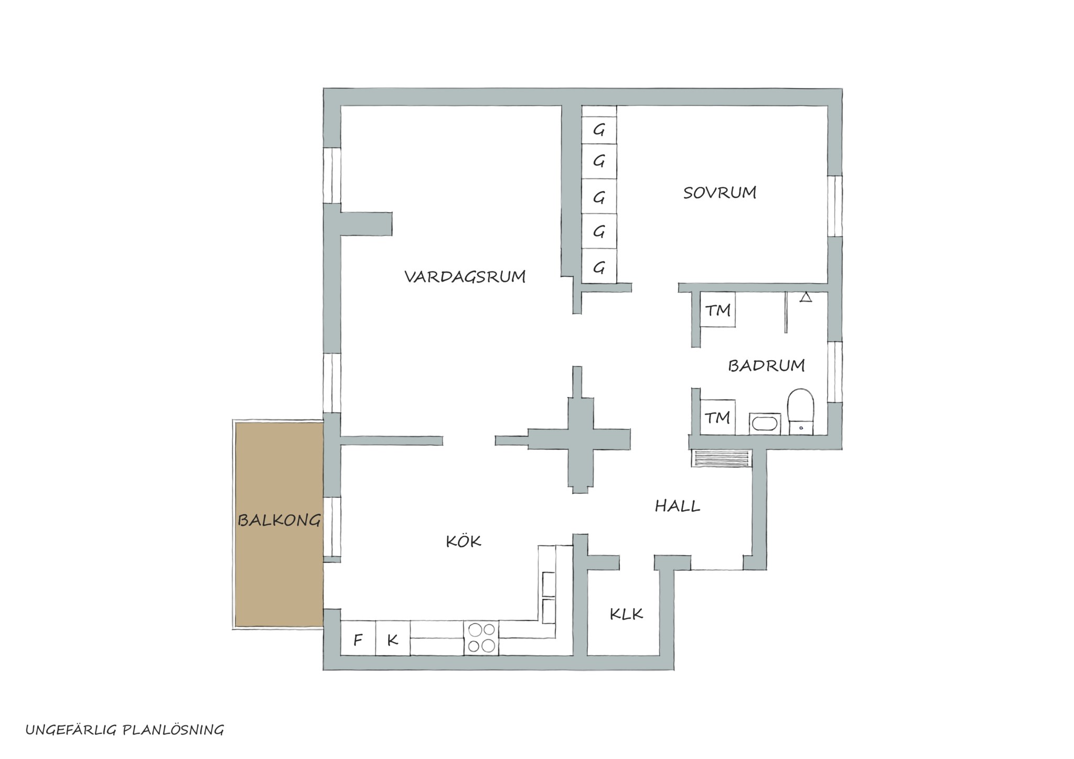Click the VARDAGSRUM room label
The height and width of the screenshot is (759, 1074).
point(465,276)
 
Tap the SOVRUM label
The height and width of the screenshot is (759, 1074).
point(719,192)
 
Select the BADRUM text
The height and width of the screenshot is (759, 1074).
point(766,365)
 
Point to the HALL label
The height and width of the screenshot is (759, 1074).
point(678,506)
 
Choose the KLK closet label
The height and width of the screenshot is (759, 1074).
point(626,614)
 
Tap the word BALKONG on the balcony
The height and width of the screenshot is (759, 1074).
point(279,520)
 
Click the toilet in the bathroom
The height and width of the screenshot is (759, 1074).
point(800,411)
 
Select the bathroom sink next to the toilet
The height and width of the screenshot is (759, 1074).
point(765,424)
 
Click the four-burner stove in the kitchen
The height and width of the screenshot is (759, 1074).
point(481,637)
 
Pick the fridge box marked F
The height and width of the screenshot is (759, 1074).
point(358,638)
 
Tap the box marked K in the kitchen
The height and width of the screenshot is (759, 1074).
point(393,638)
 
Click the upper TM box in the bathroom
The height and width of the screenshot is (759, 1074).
point(717,310)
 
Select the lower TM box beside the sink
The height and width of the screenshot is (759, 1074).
point(717,417)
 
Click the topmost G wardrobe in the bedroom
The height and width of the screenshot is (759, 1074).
point(599,129)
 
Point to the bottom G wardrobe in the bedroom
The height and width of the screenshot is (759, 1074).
point(599,267)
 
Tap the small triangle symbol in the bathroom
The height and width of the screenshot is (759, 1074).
point(806,297)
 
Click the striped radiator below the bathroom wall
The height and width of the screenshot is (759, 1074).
point(722,458)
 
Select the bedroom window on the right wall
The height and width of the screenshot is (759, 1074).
point(835,206)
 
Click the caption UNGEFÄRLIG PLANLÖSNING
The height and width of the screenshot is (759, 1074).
point(125,730)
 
